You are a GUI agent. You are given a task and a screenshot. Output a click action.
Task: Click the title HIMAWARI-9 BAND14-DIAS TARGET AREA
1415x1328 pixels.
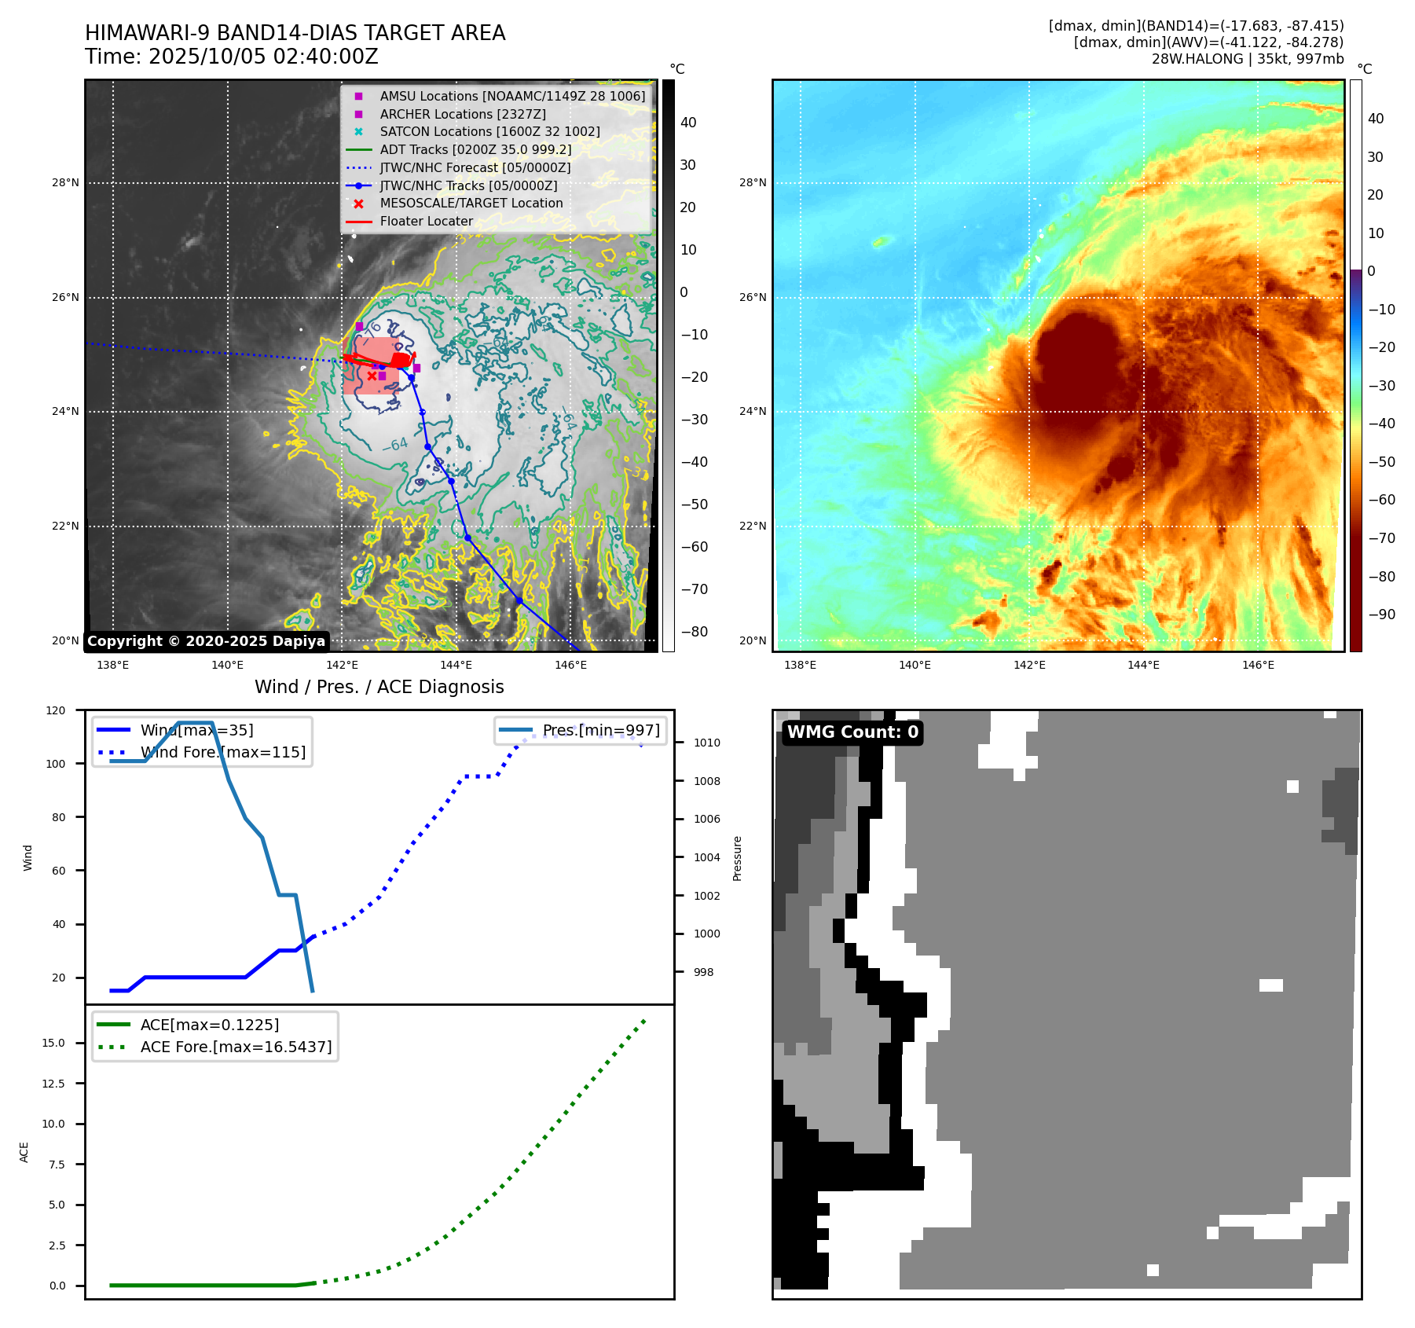(295, 33)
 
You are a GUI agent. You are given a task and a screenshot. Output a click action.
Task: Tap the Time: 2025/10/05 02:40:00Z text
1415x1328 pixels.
(232, 57)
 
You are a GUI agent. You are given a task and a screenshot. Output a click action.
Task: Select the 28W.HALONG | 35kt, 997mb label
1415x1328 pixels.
(1247, 59)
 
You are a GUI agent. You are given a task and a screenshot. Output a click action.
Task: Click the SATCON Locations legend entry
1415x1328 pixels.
(489, 131)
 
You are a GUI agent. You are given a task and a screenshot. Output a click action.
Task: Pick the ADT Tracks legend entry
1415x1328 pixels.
(475, 149)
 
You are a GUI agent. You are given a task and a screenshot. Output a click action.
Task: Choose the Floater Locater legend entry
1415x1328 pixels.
(426, 221)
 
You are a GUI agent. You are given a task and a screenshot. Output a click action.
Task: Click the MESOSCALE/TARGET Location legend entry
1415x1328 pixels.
(471, 203)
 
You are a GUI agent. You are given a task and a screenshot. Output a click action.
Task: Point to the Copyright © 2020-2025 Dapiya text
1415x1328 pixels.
(206, 641)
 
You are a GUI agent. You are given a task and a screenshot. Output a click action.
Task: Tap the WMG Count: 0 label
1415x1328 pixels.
(852, 732)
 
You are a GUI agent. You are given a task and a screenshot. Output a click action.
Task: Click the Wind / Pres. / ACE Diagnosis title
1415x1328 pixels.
(379, 687)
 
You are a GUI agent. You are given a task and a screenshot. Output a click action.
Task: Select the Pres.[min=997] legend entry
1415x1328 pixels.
(601, 730)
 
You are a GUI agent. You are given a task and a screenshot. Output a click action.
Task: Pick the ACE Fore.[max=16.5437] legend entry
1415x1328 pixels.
(236, 1047)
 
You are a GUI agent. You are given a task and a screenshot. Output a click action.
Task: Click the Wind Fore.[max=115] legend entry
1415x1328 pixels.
(223, 752)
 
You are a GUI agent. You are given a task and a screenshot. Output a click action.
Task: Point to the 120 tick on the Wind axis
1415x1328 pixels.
(56, 710)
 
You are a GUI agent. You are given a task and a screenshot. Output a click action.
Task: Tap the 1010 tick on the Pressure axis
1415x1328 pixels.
(706, 743)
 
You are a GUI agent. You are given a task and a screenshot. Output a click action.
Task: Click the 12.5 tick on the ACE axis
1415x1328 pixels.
(53, 1084)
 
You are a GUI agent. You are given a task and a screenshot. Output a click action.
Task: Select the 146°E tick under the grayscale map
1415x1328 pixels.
(570, 665)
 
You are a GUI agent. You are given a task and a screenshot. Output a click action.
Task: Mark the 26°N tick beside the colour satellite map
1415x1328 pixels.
(752, 297)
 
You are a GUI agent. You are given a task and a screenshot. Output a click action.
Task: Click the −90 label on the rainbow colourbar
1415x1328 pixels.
(1381, 614)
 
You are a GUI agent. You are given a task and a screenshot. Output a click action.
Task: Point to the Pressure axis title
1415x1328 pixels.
(737, 858)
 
